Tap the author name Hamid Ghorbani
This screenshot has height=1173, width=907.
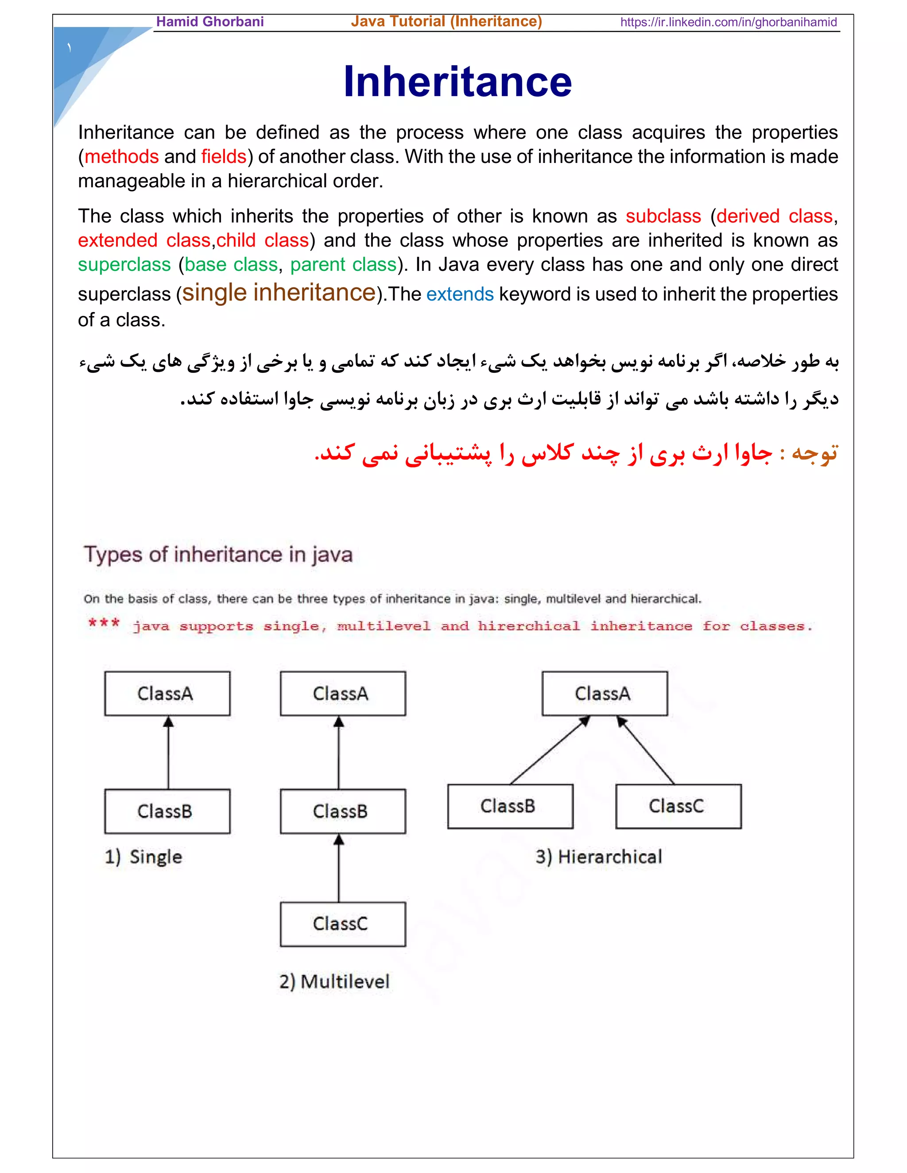[x=209, y=22]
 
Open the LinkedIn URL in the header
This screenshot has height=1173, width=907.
[x=728, y=22]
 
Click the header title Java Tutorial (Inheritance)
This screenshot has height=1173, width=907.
[x=446, y=22]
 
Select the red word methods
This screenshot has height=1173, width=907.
[x=121, y=157]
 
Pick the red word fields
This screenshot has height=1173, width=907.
[x=224, y=157]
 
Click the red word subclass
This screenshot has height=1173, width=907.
[x=663, y=216]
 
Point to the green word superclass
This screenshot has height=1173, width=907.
[x=124, y=265]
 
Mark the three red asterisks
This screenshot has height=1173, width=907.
[x=104, y=624]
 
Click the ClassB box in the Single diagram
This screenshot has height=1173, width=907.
[x=167, y=811]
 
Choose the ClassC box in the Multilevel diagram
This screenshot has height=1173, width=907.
[x=342, y=924]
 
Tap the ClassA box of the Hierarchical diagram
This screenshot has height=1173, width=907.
[x=605, y=693]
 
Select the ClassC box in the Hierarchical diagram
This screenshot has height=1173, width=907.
[x=678, y=806]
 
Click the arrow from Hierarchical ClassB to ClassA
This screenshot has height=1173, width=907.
[x=550, y=750]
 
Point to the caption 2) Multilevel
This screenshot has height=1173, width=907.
[x=334, y=981]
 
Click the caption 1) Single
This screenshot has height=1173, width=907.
[x=143, y=857]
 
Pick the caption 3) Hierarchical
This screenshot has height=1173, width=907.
[x=599, y=857]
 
